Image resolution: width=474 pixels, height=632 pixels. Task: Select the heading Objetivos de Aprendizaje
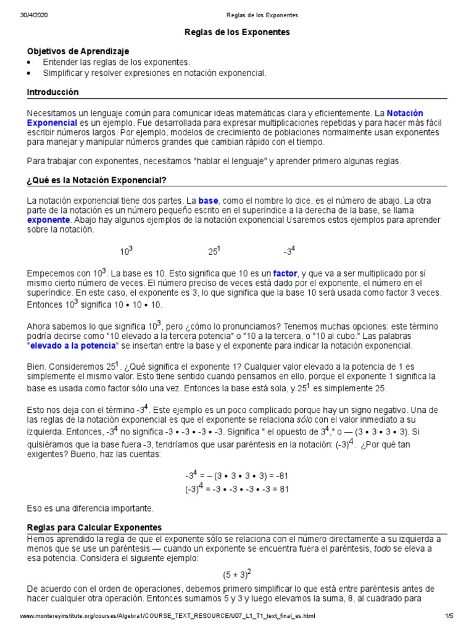click(78, 51)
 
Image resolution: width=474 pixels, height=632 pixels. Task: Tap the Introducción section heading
click(53, 92)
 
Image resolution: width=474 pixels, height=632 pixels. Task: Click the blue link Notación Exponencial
click(405, 113)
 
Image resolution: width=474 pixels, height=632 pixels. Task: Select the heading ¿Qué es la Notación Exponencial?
click(97, 180)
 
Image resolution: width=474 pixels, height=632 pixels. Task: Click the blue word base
click(208, 201)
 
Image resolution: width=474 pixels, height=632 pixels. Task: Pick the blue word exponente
click(48, 220)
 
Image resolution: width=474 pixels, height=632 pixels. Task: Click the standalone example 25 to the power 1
click(214, 251)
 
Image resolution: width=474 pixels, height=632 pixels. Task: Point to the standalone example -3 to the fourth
click(289, 251)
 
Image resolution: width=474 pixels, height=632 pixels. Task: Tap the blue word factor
click(285, 273)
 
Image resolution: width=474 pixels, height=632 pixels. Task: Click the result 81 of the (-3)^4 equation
click(283, 489)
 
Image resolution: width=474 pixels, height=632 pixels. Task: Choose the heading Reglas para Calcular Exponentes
click(94, 528)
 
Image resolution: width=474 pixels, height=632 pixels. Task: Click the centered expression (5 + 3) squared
click(237, 574)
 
